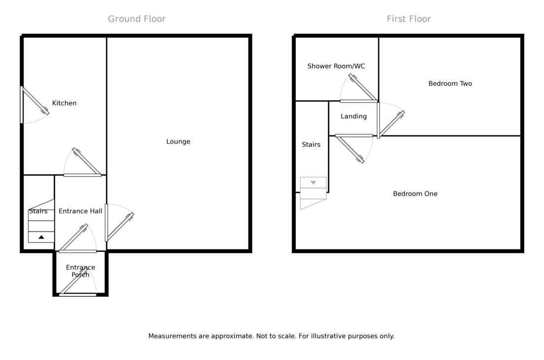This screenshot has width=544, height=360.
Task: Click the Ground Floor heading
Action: coord(137,19)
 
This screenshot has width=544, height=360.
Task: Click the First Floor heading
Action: coord(409,19)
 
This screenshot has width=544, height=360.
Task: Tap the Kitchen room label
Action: coord(64,103)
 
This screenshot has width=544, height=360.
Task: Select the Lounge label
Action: coord(178,142)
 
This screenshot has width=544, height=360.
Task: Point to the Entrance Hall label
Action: coord(80,211)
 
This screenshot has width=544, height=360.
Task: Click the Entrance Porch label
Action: coord(80,271)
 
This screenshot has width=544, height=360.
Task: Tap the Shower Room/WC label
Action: coord(336,66)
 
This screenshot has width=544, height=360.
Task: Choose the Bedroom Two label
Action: coord(450,84)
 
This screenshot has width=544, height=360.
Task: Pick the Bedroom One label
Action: coord(415,194)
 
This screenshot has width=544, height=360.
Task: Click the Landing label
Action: coord(353,117)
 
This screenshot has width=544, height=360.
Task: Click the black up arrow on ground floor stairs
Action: coord(41,238)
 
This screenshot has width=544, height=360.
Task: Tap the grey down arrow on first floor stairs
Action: coord(313,183)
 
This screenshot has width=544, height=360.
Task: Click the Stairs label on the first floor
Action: coord(311,145)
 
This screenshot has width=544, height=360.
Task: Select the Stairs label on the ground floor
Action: coord(38,211)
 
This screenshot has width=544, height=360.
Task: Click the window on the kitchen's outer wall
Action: coord(22,105)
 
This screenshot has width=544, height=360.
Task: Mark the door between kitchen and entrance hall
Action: coord(82,175)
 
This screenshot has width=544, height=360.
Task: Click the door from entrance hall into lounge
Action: coord(107,223)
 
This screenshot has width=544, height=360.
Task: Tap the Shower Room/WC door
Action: coord(359,101)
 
